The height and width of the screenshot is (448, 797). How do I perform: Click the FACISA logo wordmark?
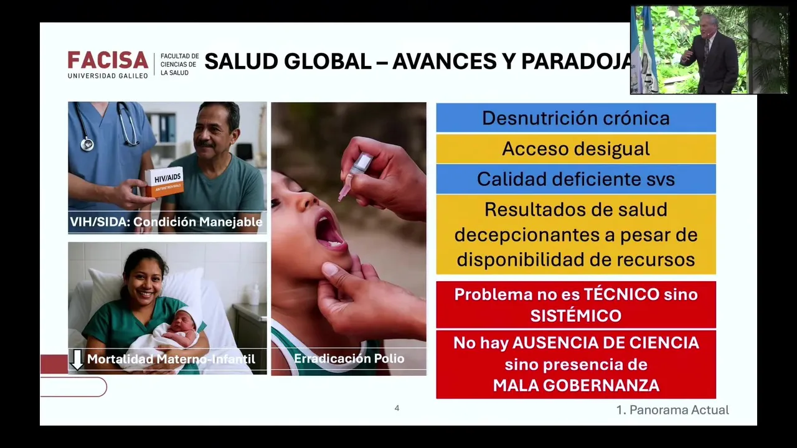[108, 60]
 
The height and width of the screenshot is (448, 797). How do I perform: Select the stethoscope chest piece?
[87, 144]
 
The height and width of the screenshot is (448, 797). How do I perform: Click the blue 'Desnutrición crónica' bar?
[576, 118]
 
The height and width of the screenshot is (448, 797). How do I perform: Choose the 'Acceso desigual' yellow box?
[576, 149]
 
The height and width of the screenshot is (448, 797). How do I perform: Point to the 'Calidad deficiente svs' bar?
[576, 179]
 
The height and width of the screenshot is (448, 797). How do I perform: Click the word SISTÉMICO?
[576, 315]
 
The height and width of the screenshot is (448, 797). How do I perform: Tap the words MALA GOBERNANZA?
[576, 385]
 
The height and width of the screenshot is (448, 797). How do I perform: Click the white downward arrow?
[77, 360]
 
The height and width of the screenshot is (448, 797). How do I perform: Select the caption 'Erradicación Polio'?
[349, 358]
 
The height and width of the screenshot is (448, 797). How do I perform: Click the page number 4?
[397, 408]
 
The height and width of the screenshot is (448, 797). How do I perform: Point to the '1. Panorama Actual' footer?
[672, 410]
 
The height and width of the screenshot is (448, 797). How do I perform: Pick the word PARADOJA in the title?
[577, 61]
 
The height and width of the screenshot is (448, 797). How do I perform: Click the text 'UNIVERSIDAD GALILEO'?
[108, 76]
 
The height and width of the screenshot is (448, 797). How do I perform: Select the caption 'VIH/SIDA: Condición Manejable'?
[166, 222]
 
